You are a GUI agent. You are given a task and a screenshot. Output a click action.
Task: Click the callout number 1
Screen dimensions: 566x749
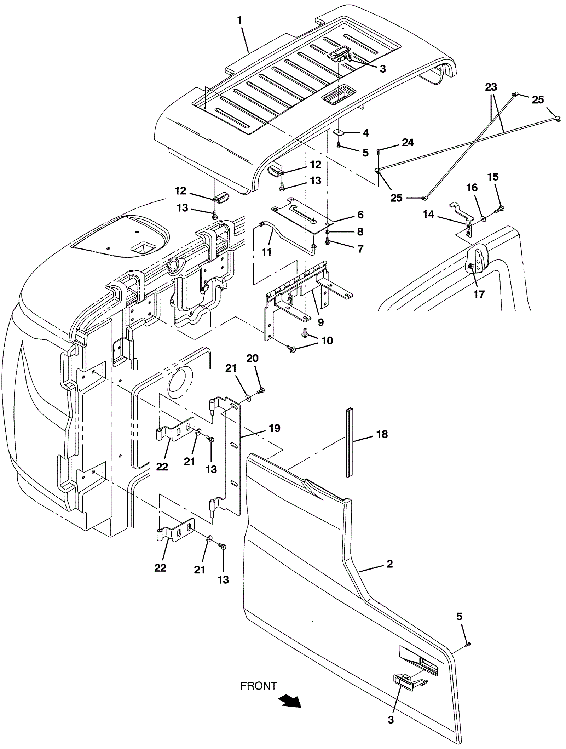239,21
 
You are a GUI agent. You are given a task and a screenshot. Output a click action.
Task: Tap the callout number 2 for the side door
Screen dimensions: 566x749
389,564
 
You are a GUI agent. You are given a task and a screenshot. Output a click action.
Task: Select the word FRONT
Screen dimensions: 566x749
259,686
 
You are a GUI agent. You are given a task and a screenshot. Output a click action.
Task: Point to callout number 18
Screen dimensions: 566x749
382,434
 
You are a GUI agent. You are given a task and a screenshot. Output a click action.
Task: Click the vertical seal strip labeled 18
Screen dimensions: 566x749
350,442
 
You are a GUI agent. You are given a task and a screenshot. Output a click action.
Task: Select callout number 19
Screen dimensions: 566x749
275,428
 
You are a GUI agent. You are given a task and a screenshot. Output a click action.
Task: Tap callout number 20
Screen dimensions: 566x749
253,358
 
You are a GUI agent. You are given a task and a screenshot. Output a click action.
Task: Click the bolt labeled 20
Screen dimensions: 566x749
261,390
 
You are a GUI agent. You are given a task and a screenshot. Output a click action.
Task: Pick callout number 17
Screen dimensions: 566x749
479,294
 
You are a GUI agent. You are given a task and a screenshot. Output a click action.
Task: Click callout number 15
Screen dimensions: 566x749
493,177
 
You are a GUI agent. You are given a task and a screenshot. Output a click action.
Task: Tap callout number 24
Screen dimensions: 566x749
408,142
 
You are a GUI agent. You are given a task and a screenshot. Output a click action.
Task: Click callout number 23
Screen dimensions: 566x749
491,87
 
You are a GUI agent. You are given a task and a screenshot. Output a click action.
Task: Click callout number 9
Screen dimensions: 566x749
320,322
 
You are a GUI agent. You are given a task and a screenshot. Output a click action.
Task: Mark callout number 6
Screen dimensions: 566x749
360,215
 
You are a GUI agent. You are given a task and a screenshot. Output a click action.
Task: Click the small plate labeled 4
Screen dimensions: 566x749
339,132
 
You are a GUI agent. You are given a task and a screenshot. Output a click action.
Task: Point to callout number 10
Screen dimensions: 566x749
327,340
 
